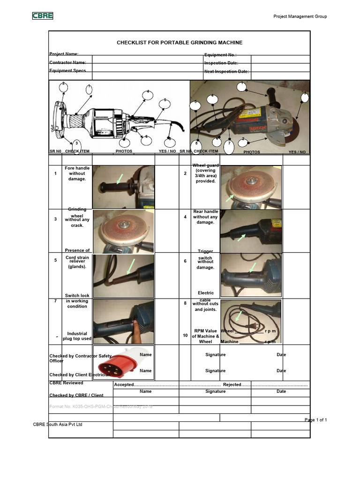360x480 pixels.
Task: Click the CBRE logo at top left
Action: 42,16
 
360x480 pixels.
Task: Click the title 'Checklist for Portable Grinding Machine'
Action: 180,43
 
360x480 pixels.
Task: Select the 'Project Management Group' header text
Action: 300,17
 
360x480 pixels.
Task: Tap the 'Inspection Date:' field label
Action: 221,63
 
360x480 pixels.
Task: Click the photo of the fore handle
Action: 123,187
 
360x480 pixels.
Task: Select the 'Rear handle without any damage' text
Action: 205,217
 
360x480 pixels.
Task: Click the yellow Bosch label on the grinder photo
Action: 250,113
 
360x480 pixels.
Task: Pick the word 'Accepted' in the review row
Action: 124,385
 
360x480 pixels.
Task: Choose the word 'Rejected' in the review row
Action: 232,385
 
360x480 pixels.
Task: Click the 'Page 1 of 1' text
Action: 315,420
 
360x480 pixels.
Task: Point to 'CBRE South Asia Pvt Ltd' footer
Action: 58,424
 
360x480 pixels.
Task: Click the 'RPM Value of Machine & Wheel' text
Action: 205,336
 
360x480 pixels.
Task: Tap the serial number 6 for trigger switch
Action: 186,261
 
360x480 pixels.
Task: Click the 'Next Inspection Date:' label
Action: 226,72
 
